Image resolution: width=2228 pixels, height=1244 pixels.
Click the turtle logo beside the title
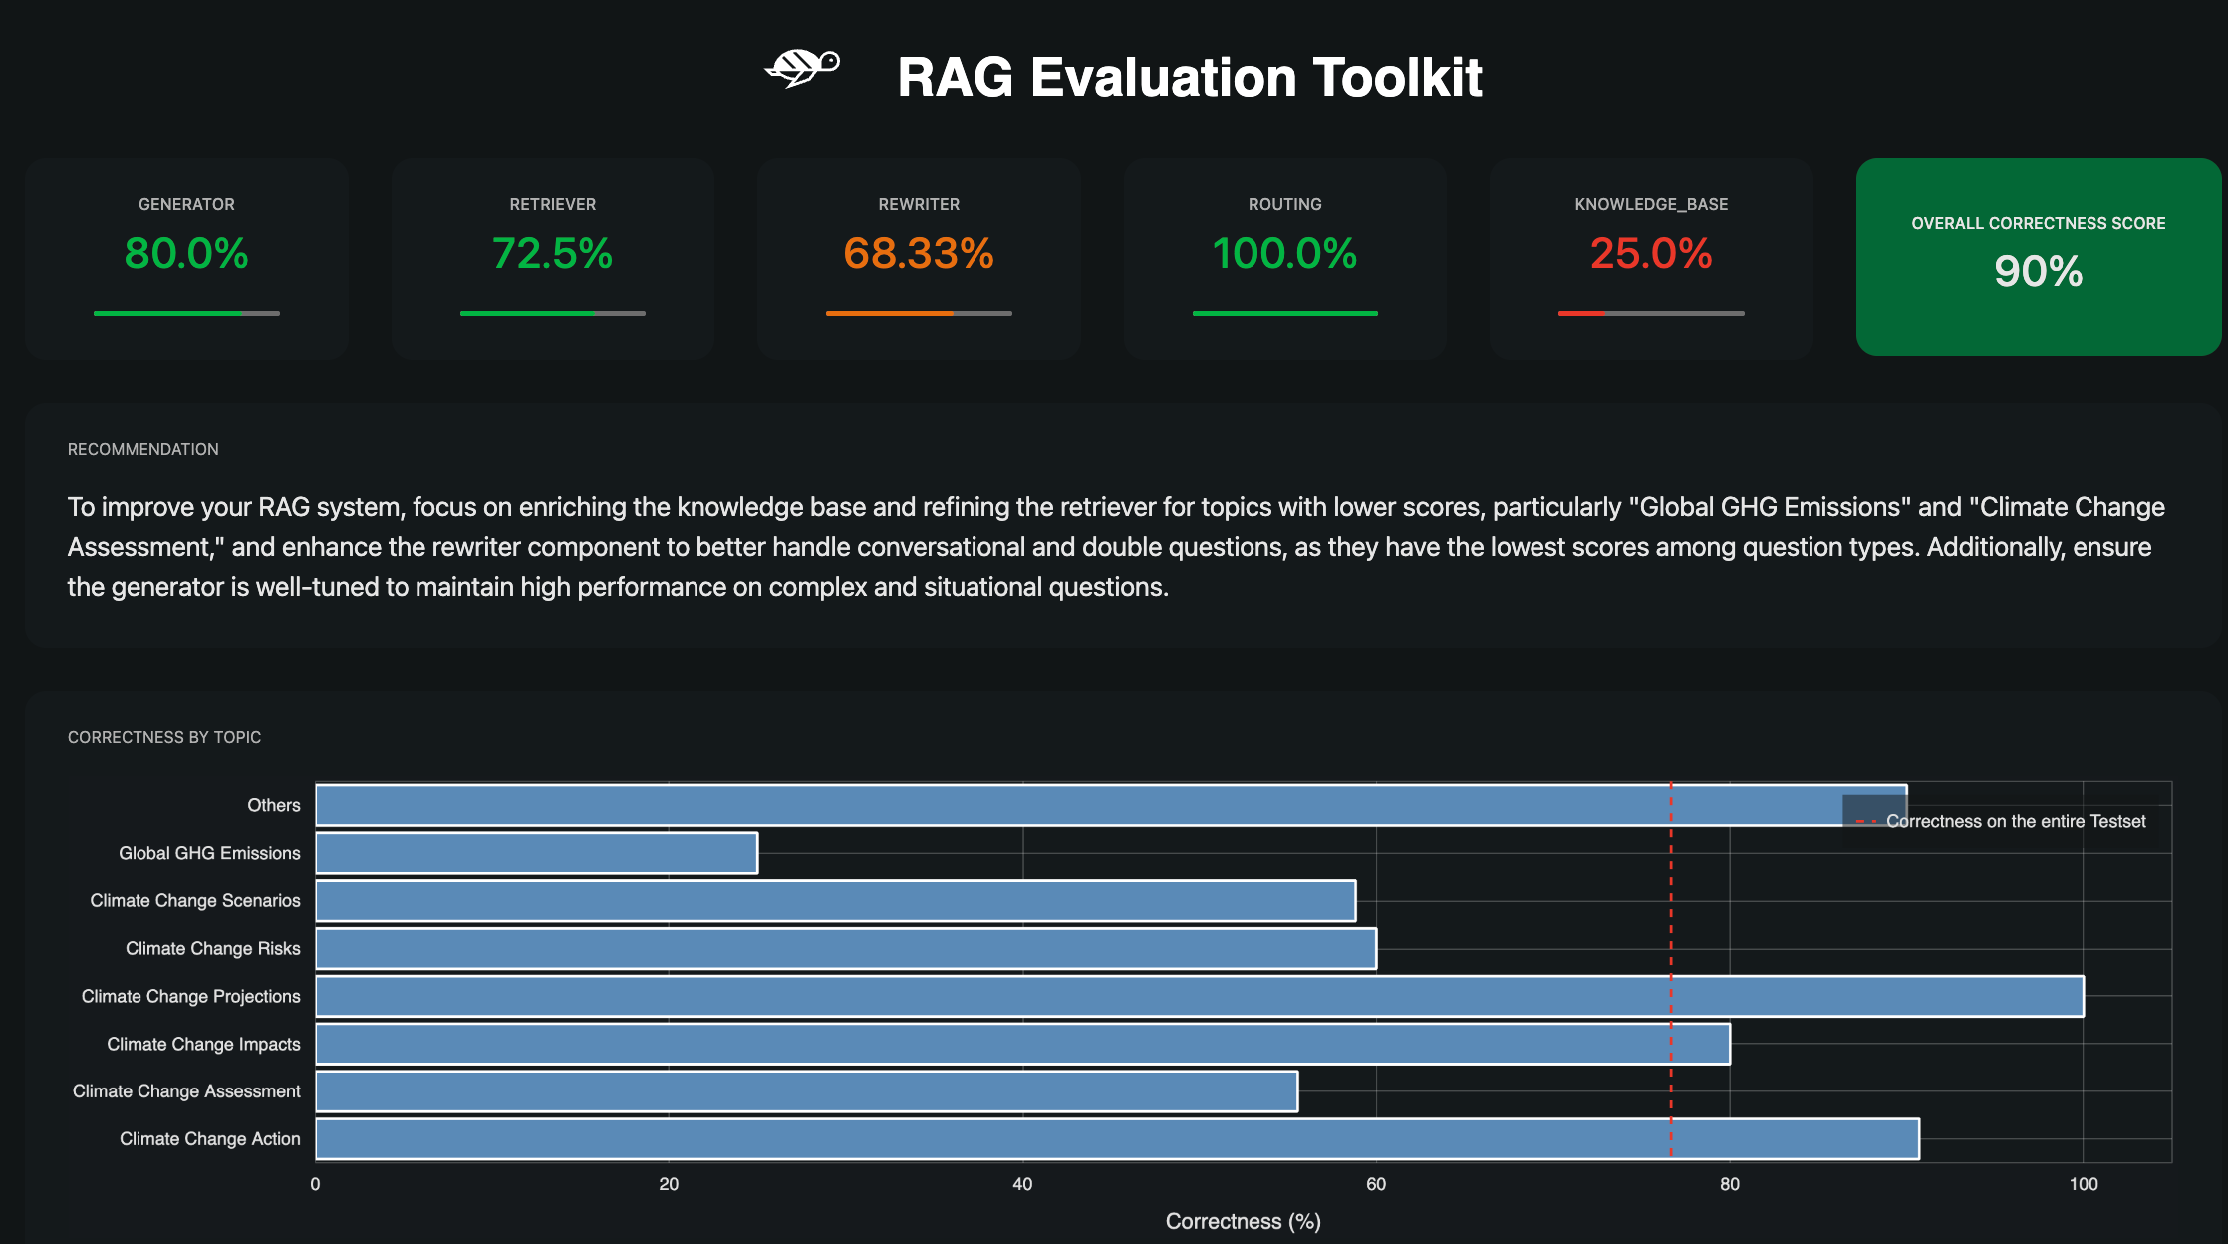click(802, 68)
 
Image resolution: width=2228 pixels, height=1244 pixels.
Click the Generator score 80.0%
click(186, 253)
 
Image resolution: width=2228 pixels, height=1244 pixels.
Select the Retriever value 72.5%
click(552, 253)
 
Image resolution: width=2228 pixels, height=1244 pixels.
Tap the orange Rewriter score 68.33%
click(919, 253)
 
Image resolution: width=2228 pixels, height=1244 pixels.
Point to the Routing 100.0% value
click(1284, 253)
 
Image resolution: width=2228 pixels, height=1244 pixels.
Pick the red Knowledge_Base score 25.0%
click(1651, 253)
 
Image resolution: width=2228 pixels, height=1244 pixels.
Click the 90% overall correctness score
click(2038, 271)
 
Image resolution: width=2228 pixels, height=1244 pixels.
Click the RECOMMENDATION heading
click(142, 449)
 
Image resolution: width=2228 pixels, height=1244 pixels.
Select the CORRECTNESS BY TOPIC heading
click(164, 737)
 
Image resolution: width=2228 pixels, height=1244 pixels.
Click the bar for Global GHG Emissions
click(536, 853)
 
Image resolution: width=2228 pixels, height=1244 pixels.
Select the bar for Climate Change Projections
click(1199, 996)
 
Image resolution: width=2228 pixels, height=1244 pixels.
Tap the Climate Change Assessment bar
click(806, 1091)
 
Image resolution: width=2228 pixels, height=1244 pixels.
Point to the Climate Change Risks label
click(212, 948)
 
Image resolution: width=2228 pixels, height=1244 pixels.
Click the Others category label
click(273, 805)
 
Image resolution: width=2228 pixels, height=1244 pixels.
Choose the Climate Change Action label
click(209, 1138)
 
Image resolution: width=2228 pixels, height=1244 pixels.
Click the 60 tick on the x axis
click(1376, 1184)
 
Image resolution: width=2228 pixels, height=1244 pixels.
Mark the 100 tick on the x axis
click(2083, 1184)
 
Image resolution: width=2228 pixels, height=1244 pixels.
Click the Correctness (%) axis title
click(1243, 1221)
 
